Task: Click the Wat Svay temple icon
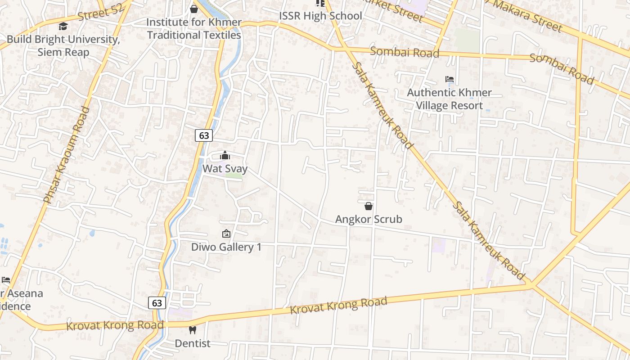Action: [225, 156]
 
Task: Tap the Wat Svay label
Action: [225, 169]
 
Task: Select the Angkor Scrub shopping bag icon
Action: [369, 206]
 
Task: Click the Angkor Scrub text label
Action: [369, 219]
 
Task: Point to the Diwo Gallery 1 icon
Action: [226, 234]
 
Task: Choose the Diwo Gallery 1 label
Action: [226, 247]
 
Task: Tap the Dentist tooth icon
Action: [193, 330]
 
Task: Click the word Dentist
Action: [193, 343]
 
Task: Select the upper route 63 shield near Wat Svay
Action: [204, 135]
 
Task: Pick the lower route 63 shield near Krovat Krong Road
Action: [157, 303]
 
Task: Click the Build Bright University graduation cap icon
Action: [63, 27]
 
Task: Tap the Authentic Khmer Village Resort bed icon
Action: [449, 79]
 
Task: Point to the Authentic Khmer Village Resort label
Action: [449, 99]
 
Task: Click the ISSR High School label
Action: [320, 16]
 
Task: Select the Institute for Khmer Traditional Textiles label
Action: [194, 28]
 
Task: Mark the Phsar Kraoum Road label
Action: [67, 155]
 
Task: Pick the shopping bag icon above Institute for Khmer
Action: [194, 9]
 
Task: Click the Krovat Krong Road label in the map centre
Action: [338, 306]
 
